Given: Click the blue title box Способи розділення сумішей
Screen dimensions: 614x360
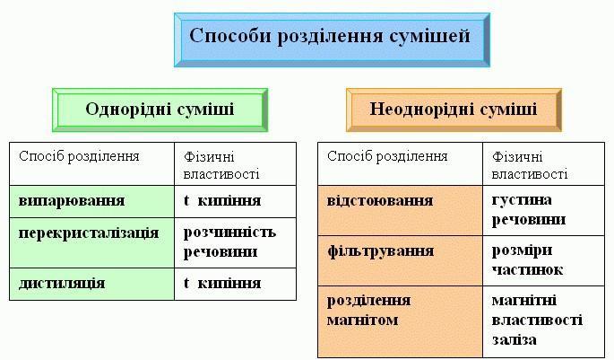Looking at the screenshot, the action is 332,40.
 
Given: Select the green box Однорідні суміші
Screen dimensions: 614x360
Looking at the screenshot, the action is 160,110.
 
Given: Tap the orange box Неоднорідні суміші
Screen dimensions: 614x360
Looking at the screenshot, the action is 454,110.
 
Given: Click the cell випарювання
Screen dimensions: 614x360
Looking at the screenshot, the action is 91,202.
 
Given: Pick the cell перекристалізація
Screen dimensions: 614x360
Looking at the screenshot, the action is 91,243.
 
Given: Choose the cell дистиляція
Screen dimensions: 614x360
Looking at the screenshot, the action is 91,285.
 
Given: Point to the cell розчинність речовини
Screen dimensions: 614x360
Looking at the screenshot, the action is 236,243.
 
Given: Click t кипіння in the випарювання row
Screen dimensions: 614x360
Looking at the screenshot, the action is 236,202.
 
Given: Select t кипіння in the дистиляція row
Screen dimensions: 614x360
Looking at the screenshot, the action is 236,285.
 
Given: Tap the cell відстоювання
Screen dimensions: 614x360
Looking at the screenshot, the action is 400,211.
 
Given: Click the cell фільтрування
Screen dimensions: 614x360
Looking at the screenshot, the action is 400,260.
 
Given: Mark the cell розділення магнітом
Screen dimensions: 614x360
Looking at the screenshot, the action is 400,321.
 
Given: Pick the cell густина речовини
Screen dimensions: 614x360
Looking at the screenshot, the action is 544,211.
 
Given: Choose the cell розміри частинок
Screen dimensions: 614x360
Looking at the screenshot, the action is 544,260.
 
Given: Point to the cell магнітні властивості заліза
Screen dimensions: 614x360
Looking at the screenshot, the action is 544,321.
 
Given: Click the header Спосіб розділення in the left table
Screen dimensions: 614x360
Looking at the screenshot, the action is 91,164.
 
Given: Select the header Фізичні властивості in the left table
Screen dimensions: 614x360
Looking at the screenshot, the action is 236,164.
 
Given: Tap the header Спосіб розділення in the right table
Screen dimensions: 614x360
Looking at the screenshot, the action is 400,164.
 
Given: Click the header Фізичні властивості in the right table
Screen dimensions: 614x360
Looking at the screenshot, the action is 544,164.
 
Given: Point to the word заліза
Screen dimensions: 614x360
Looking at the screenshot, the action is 515,339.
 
